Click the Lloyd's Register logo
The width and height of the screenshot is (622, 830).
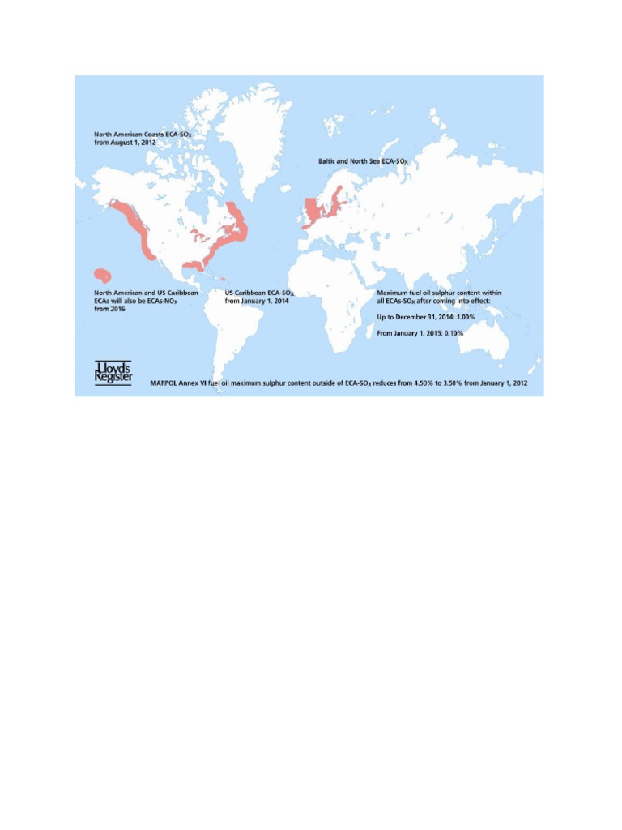[x=113, y=374]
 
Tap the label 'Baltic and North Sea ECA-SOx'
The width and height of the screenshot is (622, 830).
[x=364, y=161]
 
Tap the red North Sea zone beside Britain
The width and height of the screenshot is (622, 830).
[x=312, y=211]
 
